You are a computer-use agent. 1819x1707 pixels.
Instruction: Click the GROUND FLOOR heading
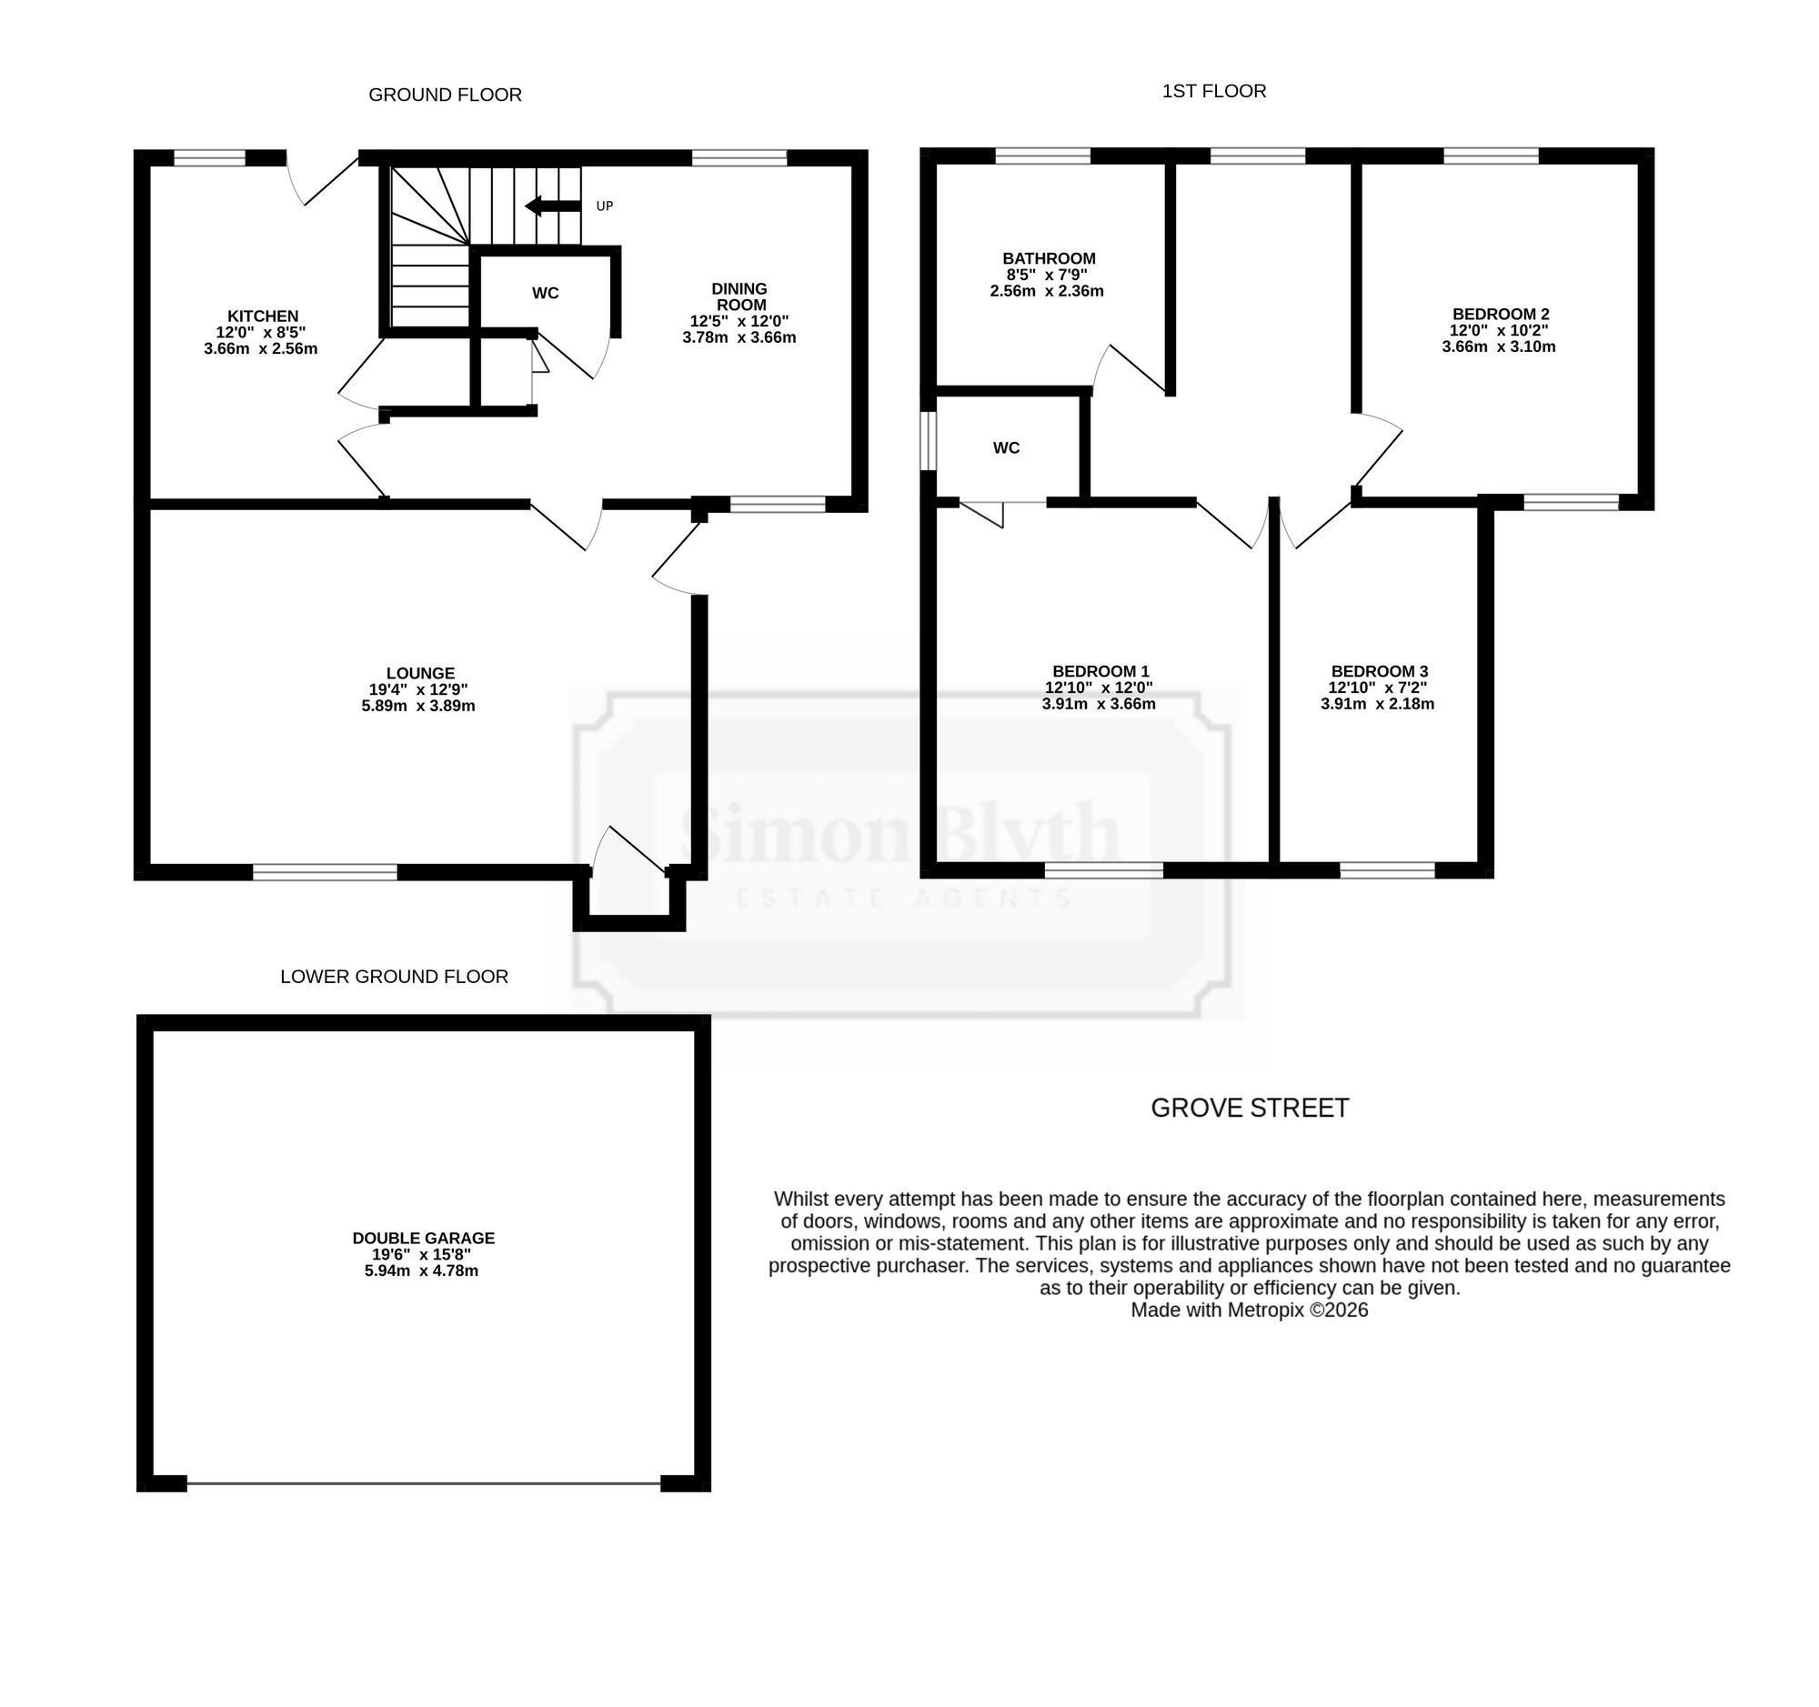(x=445, y=95)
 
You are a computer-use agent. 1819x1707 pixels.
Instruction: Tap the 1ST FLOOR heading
(x=1214, y=92)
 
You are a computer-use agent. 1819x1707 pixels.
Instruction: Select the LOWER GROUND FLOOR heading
(x=395, y=977)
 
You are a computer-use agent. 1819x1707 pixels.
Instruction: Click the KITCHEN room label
(x=263, y=316)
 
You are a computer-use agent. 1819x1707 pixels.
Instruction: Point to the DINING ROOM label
(x=740, y=296)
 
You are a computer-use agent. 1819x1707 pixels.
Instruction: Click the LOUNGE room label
(x=420, y=673)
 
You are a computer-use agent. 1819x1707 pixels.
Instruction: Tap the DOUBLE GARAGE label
(x=424, y=1238)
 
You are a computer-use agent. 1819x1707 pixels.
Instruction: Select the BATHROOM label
(x=1049, y=259)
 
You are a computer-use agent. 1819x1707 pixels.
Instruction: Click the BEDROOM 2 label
(x=1501, y=314)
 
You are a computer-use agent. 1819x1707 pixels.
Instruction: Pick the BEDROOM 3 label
(x=1379, y=671)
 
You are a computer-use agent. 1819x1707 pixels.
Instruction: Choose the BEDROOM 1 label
(x=1100, y=671)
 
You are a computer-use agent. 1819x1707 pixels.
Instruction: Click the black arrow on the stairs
(x=553, y=206)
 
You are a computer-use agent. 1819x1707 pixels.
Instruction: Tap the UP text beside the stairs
(x=605, y=206)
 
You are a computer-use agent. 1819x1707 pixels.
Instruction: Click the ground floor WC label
(x=546, y=293)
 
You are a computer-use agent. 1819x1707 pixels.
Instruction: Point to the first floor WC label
(x=1007, y=447)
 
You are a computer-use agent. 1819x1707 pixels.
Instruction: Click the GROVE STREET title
(x=1250, y=1108)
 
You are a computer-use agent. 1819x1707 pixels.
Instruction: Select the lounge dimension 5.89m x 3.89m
(x=418, y=707)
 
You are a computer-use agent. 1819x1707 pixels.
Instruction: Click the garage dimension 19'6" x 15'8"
(x=422, y=1254)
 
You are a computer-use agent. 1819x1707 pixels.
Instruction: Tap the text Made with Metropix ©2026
(x=1250, y=1310)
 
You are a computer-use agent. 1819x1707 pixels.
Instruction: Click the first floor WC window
(x=928, y=441)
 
